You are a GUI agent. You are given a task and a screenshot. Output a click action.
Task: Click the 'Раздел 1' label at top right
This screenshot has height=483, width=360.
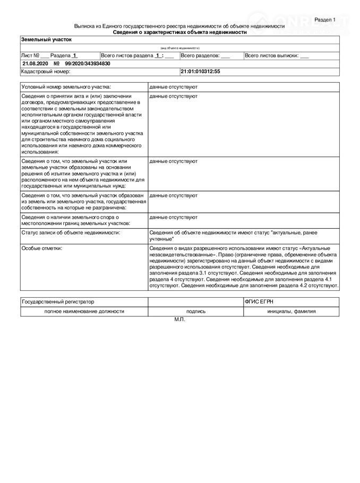tap(325, 20)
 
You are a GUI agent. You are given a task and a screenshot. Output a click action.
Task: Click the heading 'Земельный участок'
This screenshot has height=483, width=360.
tap(46, 39)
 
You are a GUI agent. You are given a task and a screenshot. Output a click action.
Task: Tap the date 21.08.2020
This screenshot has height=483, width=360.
tap(35, 63)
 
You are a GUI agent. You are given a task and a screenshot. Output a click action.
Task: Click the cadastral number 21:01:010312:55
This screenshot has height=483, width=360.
tap(200, 71)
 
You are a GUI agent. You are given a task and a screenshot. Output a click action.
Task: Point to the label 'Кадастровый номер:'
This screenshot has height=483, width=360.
tap(46, 71)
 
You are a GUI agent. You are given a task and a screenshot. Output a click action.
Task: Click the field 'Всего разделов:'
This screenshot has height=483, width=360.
tap(205, 55)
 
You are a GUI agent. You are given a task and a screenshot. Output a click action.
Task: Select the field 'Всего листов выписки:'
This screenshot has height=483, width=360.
tap(277, 55)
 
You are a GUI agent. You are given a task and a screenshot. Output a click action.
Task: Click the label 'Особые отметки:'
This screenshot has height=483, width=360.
tap(42, 248)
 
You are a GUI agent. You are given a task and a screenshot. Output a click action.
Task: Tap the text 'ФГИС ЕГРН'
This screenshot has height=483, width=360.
tap(260, 301)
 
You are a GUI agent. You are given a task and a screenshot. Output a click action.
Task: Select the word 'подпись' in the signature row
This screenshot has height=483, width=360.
tap(195, 312)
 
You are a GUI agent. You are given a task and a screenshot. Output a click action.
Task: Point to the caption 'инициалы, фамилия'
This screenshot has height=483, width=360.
tap(292, 312)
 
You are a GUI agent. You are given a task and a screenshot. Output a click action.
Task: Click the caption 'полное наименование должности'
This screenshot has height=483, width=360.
tap(84, 312)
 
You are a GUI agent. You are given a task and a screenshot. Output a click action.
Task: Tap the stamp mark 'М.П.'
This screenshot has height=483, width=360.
tap(180, 320)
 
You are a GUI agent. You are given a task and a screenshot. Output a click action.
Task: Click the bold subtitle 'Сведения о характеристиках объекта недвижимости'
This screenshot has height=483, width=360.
tap(180, 32)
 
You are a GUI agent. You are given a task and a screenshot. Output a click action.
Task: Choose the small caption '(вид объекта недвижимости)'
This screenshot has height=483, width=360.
tap(180, 48)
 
